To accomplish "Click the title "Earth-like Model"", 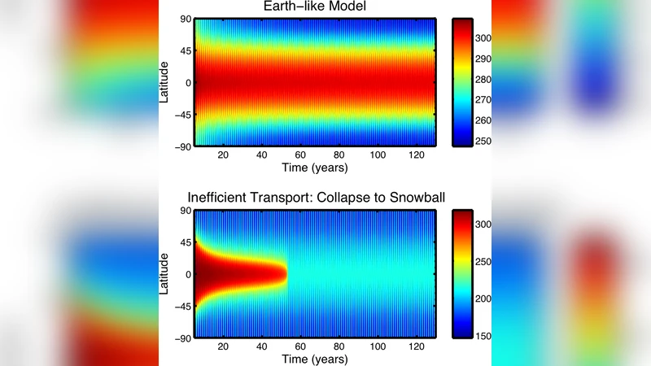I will (x=314, y=7).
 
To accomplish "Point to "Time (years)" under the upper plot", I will (x=314, y=168).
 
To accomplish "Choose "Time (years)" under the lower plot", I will (x=314, y=359).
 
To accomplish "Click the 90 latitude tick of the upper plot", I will (x=185, y=20).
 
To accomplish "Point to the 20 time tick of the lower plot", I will (x=222, y=346).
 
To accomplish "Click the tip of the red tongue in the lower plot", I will (x=287, y=274).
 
